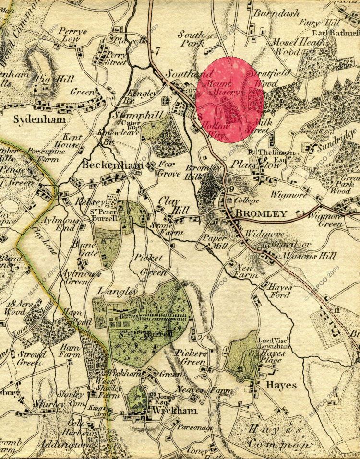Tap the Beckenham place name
112,165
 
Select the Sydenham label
39,119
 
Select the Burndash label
276,13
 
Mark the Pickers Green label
191,357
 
